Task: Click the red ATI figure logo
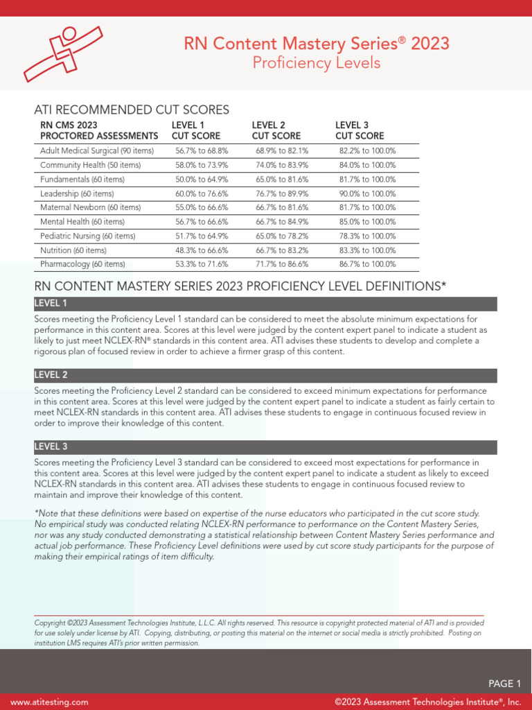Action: tap(63, 53)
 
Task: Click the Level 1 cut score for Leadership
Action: tap(202, 193)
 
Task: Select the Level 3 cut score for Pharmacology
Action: tap(367, 264)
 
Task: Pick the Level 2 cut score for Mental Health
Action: tap(282, 222)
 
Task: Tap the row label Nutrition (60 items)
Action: tap(73, 250)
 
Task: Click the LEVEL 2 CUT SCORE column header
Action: tap(276, 130)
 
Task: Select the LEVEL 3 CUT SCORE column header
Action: tap(360, 130)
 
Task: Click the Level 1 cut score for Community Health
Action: tap(202, 165)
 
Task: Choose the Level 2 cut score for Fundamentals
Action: tap(282, 180)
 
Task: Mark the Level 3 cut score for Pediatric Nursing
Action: tap(367, 236)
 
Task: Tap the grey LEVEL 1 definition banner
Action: tap(265, 304)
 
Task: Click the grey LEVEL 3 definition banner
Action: tap(265, 447)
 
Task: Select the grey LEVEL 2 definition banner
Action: tap(265, 375)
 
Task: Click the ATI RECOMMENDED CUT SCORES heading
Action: tap(132, 110)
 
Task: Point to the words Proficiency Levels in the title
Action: tap(317, 63)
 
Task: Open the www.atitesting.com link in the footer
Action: tap(49, 702)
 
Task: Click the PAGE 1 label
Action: tap(504, 684)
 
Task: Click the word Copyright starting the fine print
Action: tap(50, 623)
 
